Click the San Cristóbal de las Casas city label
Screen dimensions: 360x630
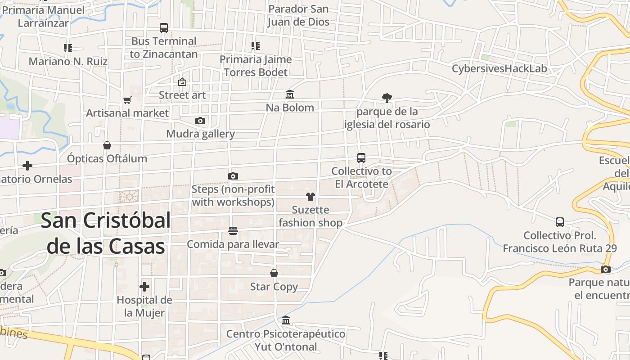tap(106, 234)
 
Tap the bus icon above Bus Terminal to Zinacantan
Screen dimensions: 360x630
tap(164, 28)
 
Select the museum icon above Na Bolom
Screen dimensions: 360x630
tap(290, 94)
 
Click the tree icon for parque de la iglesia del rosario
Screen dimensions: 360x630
tap(387, 98)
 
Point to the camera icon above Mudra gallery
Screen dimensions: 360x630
tap(200, 121)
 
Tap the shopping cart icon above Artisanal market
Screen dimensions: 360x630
tap(127, 100)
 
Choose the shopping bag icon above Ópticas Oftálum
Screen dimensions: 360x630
tap(107, 145)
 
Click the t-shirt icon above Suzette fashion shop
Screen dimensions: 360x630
tap(310, 197)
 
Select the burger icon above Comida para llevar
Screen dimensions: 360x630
tap(233, 231)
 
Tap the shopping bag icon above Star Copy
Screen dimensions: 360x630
tap(274, 273)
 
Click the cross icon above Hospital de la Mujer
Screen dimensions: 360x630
tap(144, 287)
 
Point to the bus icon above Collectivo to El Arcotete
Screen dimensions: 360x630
tap(361, 158)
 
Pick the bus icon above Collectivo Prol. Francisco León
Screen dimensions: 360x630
tap(560, 222)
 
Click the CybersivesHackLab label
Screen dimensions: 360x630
tap(499, 69)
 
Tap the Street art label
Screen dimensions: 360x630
tap(182, 95)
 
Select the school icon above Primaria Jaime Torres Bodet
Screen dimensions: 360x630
tap(256, 46)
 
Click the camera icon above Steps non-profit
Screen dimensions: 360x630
tap(233, 176)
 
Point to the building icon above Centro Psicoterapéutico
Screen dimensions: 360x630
tap(286, 320)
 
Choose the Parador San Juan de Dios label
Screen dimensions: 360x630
tap(298, 15)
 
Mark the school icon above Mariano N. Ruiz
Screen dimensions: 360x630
tap(68, 48)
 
